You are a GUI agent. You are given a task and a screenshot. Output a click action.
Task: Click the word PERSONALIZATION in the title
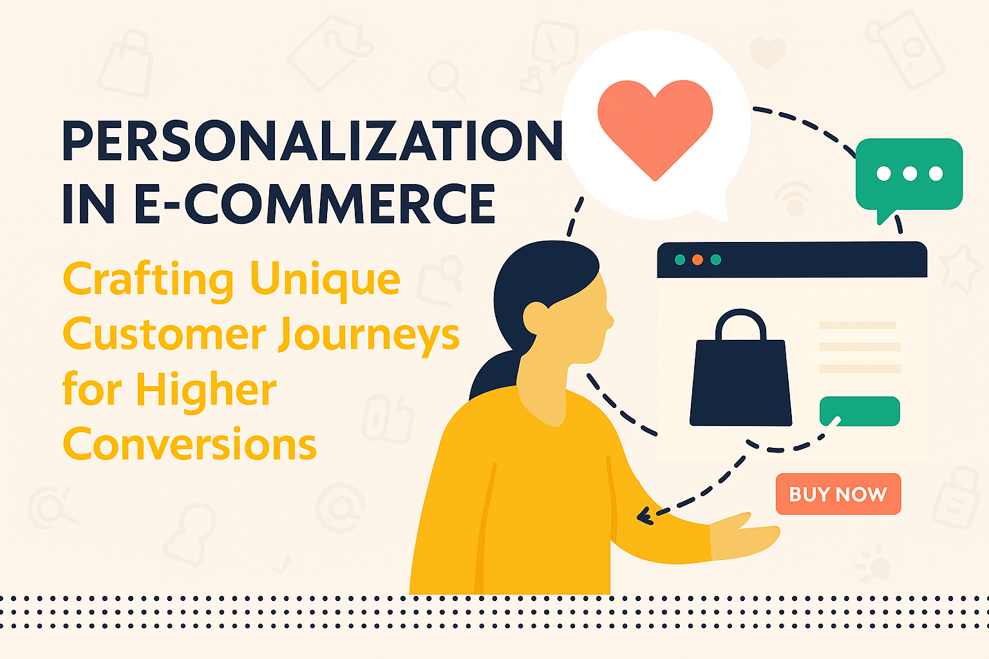[312, 141]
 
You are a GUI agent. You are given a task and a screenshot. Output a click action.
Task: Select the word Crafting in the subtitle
[148, 281]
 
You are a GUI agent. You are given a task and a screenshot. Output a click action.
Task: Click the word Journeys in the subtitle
[369, 335]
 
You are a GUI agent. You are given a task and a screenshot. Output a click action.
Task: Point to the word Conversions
[190, 443]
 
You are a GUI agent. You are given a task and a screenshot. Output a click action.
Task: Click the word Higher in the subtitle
[207, 390]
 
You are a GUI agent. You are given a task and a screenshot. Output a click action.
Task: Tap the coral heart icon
[655, 128]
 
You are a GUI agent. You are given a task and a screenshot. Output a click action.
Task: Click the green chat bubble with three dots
[909, 176]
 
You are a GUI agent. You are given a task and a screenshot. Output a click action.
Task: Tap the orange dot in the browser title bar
[697, 259]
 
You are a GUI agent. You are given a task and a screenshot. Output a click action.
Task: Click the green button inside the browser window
[860, 411]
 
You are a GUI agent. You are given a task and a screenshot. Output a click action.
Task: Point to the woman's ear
[535, 318]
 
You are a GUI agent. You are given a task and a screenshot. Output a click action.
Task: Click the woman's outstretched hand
[744, 536]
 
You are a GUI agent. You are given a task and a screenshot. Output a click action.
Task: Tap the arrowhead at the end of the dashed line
[645, 515]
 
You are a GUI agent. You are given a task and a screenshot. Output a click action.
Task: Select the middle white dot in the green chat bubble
[910, 174]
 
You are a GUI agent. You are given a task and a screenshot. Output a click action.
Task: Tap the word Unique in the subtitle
[325, 281]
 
